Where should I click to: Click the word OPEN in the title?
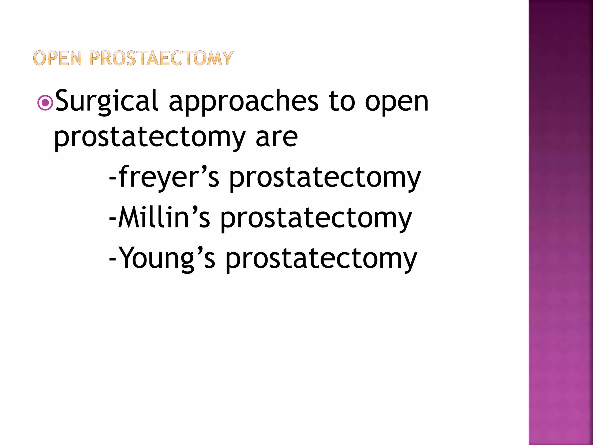coord(57,58)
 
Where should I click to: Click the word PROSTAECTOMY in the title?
coord(161,58)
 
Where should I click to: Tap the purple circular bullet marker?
coord(45,103)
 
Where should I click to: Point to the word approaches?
coord(244,101)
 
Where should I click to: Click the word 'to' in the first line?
coord(342,101)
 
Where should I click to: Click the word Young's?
coord(167,259)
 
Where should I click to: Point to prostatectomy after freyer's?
coord(325,178)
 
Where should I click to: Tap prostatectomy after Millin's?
coord(316,219)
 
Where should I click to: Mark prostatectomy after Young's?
coord(321,259)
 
